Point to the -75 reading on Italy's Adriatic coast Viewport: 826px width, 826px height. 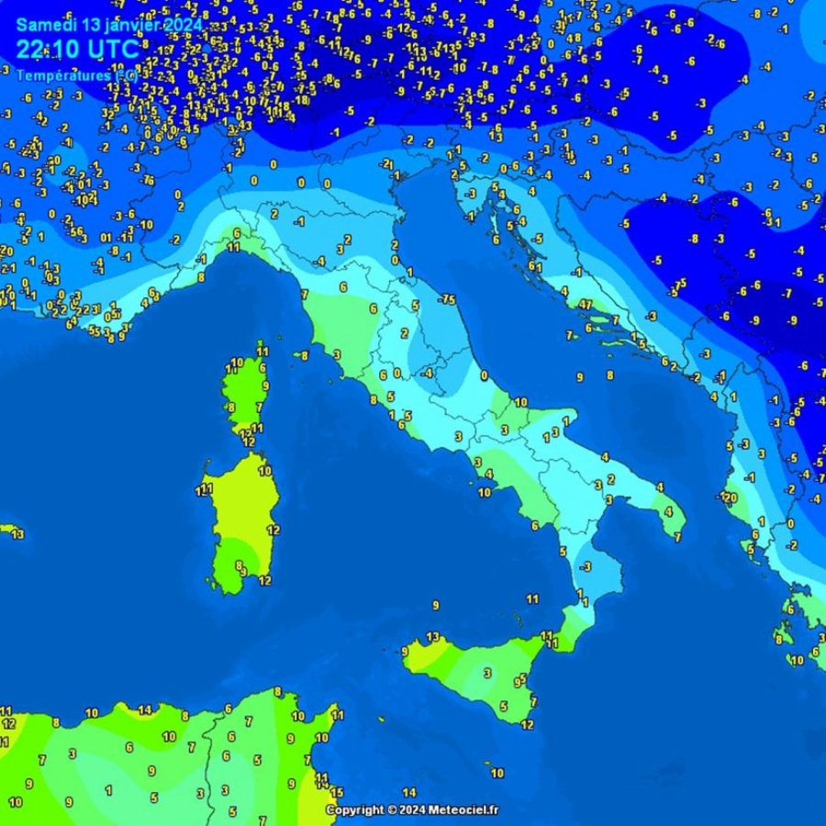(x=447, y=300)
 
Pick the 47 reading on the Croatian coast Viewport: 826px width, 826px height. (x=585, y=304)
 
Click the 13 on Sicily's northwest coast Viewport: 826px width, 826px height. (x=432, y=637)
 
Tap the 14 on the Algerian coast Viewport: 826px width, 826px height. (x=144, y=709)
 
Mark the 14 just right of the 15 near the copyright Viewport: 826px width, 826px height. (x=409, y=793)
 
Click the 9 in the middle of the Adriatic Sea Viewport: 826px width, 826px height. (x=579, y=377)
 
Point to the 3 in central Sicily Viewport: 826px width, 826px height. (x=486, y=673)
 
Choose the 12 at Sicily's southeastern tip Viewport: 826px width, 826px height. (x=527, y=725)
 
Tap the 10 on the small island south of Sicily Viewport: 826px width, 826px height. (x=497, y=774)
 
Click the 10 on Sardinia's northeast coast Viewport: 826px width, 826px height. (x=264, y=472)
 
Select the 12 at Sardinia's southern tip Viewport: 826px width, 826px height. (x=264, y=580)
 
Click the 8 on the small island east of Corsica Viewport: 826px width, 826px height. (x=304, y=355)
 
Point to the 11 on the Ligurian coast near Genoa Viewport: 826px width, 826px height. (x=234, y=248)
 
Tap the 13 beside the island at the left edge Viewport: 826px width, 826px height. (x=17, y=534)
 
